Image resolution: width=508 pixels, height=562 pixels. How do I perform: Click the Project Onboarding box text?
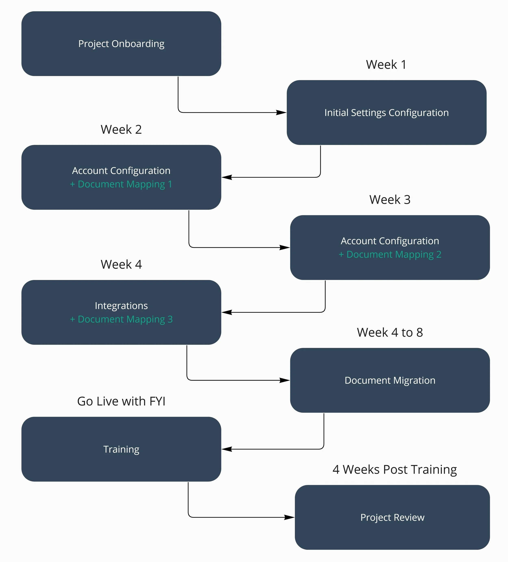click(x=121, y=44)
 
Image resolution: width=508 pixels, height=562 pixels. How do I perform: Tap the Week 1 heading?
click(x=386, y=65)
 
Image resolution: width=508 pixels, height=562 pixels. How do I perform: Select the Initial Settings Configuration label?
click(x=386, y=113)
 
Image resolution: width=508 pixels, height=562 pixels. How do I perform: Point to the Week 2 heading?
click(x=121, y=130)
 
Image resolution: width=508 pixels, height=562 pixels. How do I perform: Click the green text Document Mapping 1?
click(x=121, y=184)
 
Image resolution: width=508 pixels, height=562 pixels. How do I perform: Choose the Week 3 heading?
click(x=390, y=200)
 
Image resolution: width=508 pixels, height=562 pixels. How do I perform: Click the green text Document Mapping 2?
click(x=390, y=255)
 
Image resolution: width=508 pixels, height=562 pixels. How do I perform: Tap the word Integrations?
click(x=121, y=306)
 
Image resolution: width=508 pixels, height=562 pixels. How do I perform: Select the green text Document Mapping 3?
click(x=121, y=319)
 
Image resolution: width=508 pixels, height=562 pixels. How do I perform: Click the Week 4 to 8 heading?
click(x=390, y=333)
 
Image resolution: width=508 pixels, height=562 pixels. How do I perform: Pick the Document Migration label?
click(x=390, y=381)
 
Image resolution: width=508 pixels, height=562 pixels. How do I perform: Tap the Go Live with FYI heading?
click(x=121, y=401)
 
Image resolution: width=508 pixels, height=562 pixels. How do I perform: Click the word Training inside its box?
click(x=121, y=449)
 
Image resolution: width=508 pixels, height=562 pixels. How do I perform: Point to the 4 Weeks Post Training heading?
click(x=395, y=470)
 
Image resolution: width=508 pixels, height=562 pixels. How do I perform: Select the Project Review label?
click(x=392, y=518)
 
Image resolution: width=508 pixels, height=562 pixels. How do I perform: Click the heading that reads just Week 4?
click(x=121, y=265)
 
